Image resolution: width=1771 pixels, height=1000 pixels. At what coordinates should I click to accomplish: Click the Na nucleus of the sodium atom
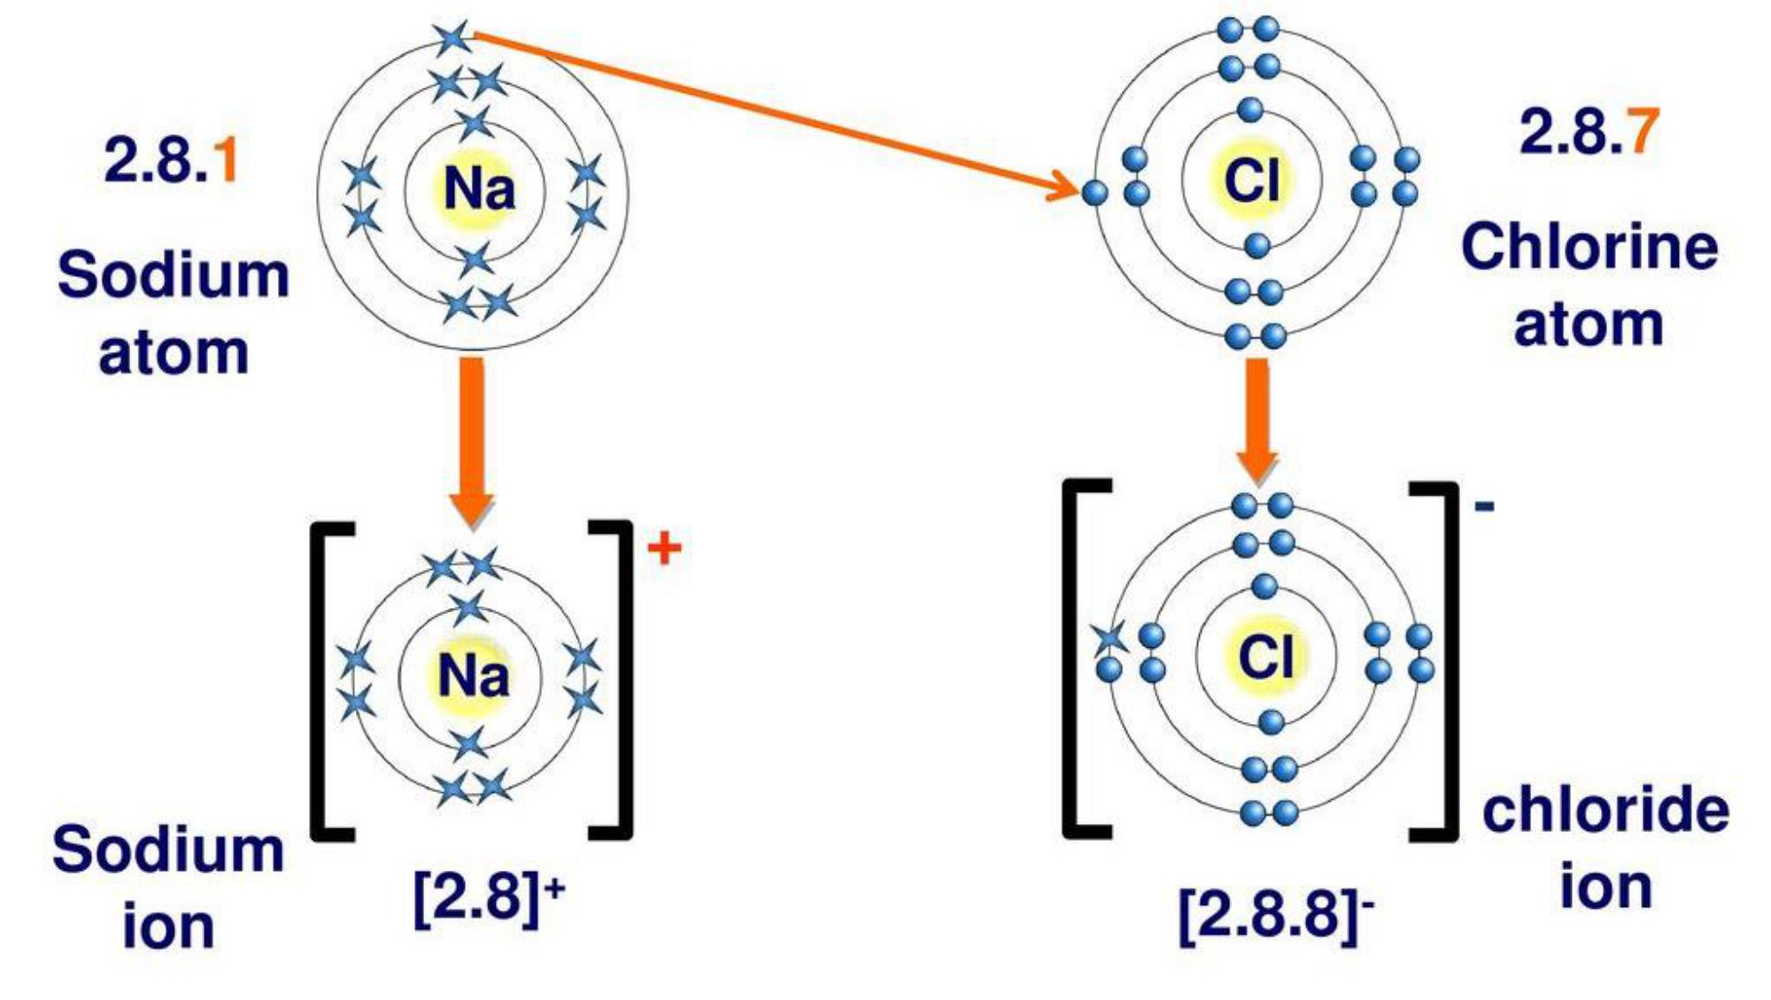tap(478, 188)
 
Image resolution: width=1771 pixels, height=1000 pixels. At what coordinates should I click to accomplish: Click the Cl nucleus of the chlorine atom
tap(1251, 180)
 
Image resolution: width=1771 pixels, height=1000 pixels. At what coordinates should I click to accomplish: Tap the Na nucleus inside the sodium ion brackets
tap(473, 676)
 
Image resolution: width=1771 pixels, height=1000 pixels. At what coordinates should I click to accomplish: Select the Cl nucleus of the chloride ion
tap(1265, 658)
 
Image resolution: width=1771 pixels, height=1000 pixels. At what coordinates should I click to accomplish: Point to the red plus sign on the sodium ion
tap(664, 549)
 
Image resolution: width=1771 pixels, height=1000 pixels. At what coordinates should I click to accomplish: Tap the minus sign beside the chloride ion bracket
tap(1484, 505)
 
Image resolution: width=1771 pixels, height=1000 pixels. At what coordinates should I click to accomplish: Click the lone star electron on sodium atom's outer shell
tap(453, 38)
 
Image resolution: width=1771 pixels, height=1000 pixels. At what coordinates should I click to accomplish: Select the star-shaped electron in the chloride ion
tap(1109, 636)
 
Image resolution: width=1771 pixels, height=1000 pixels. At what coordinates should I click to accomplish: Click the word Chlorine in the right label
tap(1589, 247)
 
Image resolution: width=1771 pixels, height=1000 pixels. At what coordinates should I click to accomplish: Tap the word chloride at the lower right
tap(1605, 810)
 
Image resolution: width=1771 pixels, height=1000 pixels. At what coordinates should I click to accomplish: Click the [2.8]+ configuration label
tap(488, 896)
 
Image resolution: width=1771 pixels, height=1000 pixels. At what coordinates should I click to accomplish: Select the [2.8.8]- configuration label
tap(1276, 913)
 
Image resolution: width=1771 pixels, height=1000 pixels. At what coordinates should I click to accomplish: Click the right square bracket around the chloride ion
tap(1439, 659)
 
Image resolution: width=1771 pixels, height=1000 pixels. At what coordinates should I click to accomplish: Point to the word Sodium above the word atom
tap(174, 275)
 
